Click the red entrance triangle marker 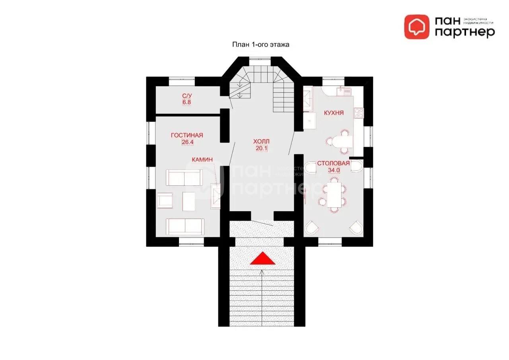[262, 259]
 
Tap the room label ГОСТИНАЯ [187, 136]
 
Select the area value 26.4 [187, 142]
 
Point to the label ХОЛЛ [261, 142]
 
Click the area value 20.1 [262, 149]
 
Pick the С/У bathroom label [187, 95]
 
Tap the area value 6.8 [187, 102]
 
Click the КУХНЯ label [334, 113]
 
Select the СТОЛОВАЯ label [333, 163]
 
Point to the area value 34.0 [334, 170]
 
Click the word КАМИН [202, 160]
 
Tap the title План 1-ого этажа [260, 45]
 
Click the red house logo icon [417, 27]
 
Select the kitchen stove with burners [359, 113]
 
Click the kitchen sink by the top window [344, 91]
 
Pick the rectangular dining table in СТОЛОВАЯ [334, 195]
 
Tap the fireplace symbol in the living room [216, 196]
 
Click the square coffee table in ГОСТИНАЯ [189, 202]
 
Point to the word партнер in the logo [465, 33]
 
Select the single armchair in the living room [165, 200]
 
